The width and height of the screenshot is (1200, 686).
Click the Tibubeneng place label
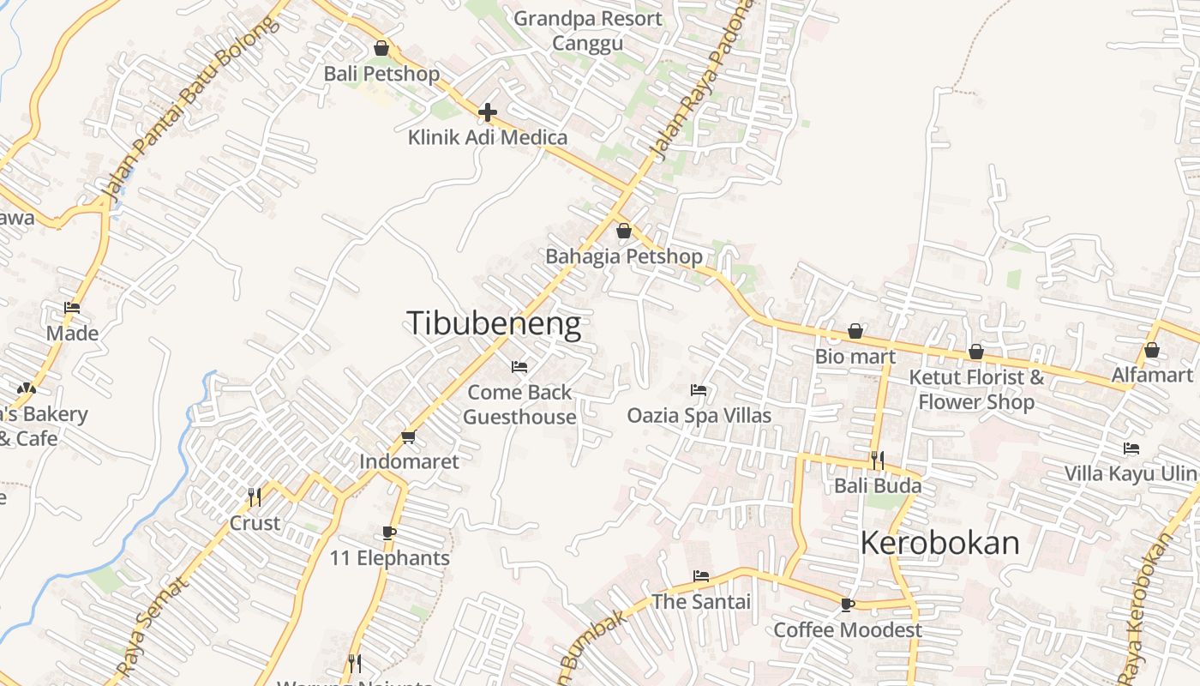click(x=494, y=323)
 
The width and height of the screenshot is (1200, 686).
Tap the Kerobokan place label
click(x=939, y=543)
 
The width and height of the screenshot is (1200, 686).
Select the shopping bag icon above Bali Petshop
click(x=381, y=48)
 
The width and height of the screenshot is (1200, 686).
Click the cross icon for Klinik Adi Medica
click(x=488, y=112)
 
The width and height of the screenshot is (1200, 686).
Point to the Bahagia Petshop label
click(x=624, y=256)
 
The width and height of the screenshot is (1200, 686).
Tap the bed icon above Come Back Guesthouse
click(x=519, y=367)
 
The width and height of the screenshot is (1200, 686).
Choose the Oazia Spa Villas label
click(x=699, y=415)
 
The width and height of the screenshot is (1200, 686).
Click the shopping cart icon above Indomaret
click(x=409, y=437)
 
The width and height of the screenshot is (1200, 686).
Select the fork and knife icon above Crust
click(x=255, y=497)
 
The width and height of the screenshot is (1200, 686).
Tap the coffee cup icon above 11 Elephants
click(x=389, y=533)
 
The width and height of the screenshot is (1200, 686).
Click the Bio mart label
click(x=855, y=356)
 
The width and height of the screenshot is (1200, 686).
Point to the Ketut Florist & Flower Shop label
click(x=976, y=389)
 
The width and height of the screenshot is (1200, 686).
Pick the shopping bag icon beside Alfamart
click(x=1152, y=350)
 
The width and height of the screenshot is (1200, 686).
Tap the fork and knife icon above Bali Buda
click(x=878, y=460)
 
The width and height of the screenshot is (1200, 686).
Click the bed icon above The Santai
click(x=701, y=576)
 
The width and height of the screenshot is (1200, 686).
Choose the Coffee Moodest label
click(x=848, y=630)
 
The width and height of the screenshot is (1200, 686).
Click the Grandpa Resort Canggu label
click(x=587, y=31)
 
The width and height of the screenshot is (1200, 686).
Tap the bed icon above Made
click(x=72, y=308)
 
